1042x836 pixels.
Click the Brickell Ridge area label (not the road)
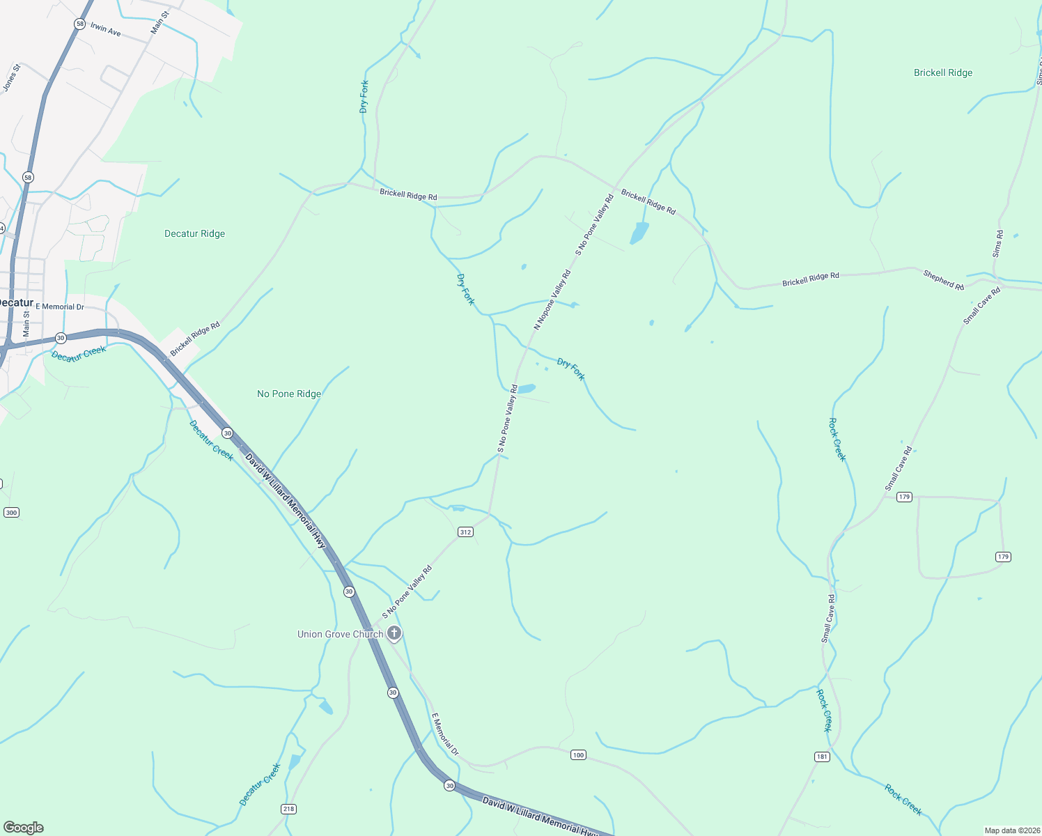[x=942, y=72]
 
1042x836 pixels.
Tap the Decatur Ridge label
[x=194, y=233]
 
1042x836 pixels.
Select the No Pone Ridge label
[x=289, y=394]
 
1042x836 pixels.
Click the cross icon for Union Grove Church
[x=394, y=633]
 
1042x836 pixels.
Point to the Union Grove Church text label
[x=340, y=634]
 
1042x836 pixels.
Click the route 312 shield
[x=465, y=532]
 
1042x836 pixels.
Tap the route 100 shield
[x=578, y=754]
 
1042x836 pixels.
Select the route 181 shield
[x=822, y=757]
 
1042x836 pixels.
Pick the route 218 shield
[x=288, y=808]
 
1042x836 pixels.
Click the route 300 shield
[x=11, y=512]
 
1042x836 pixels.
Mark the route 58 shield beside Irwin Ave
[x=80, y=24]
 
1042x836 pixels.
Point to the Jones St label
[x=11, y=77]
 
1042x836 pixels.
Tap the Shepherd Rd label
[x=944, y=280]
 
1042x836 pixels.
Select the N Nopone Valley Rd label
[x=552, y=300]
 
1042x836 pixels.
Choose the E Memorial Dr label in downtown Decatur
[x=60, y=307]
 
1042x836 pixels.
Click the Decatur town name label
[x=15, y=302]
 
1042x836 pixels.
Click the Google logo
[x=24, y=827]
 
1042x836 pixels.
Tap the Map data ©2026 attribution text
[x=1011, y=830]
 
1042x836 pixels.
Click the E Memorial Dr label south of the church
[x=445, y=734]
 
